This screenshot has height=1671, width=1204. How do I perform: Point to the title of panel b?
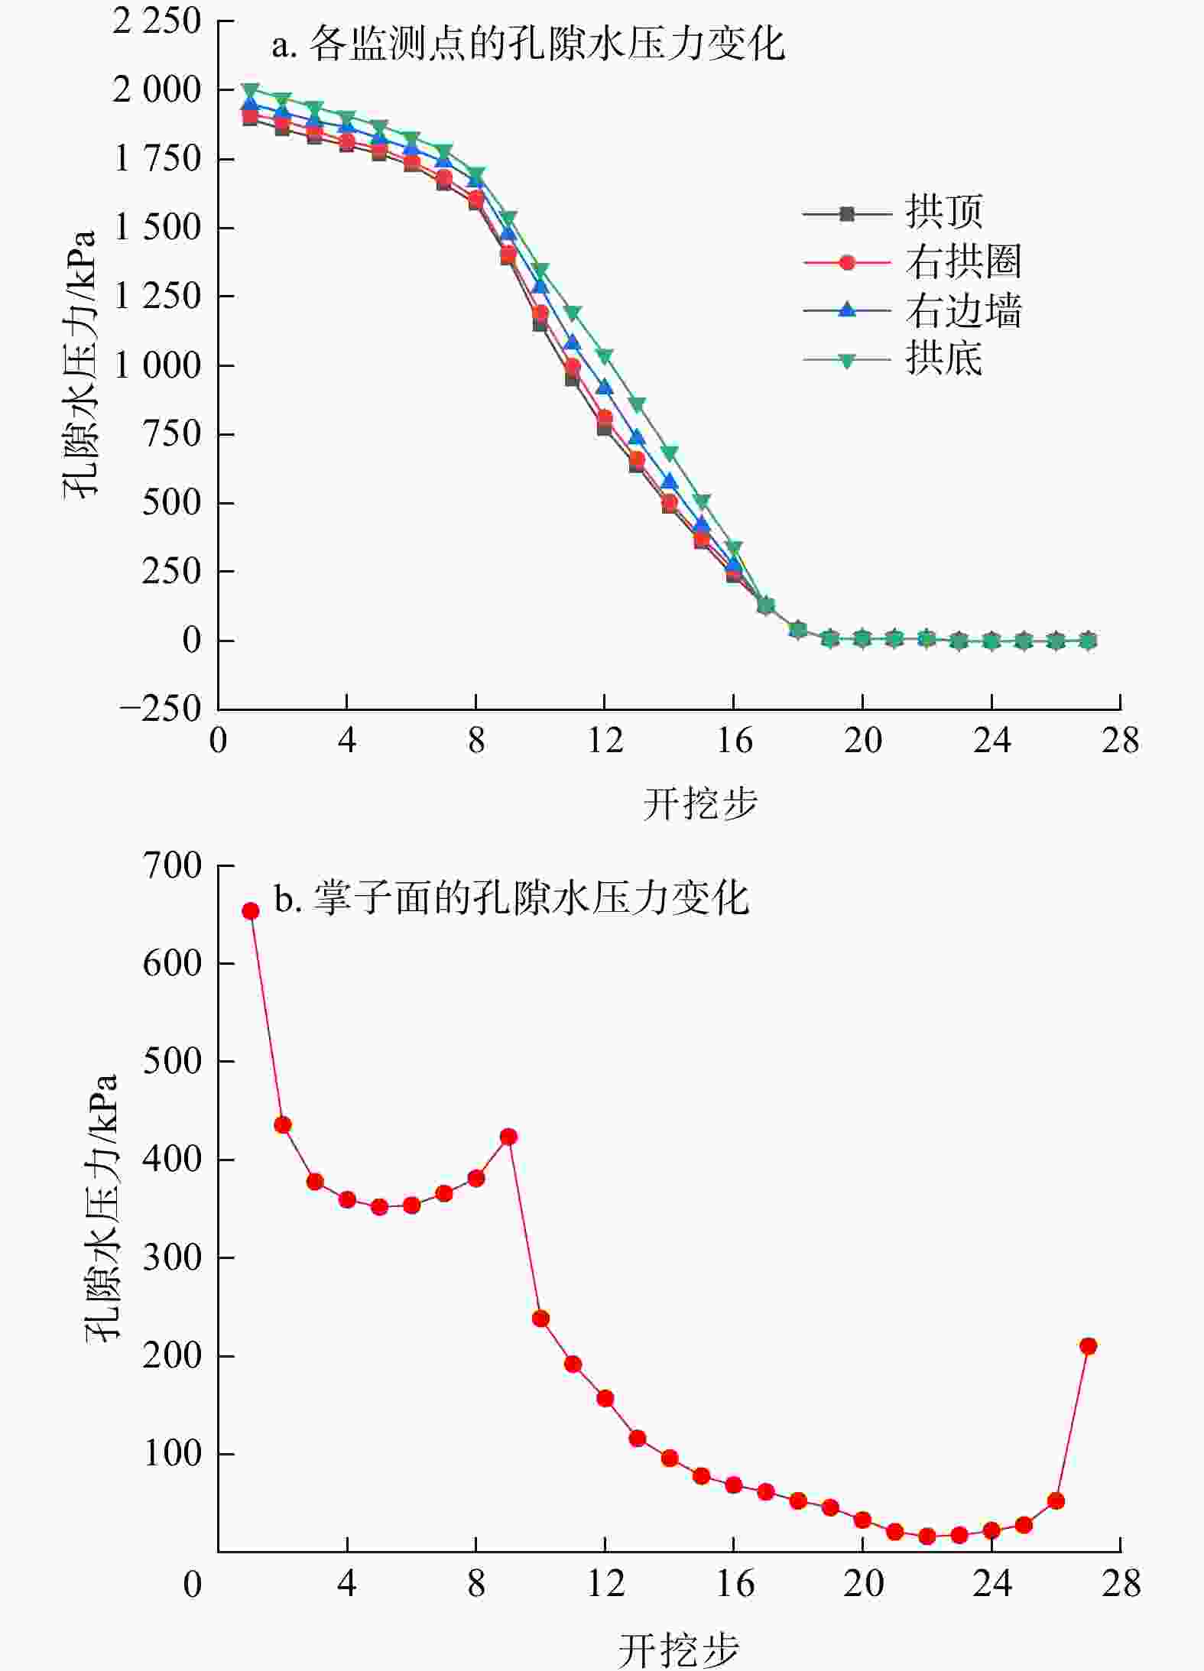click(511, 898)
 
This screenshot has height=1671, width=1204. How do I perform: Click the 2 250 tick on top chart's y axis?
click(157, 21)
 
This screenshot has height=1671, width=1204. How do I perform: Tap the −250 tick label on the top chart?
click(161, 709)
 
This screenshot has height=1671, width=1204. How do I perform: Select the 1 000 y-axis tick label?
click(157, 365)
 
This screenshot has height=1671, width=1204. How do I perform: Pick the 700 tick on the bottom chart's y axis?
click(172, 866)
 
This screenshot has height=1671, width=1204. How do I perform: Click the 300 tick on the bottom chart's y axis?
click(172, 1257)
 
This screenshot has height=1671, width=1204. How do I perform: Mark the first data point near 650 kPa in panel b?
click(251, 910)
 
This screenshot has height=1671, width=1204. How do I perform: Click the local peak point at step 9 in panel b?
click(508, 1137)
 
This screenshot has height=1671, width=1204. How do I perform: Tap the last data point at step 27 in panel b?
click(1088, 1346)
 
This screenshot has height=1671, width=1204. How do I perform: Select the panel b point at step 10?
click(540, 1319)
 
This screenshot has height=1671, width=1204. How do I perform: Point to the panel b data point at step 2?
click(283, 1125)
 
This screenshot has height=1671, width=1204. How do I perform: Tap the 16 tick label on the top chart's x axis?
click(734, 741)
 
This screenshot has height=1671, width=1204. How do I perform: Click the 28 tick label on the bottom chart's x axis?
click(1121, 1583)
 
